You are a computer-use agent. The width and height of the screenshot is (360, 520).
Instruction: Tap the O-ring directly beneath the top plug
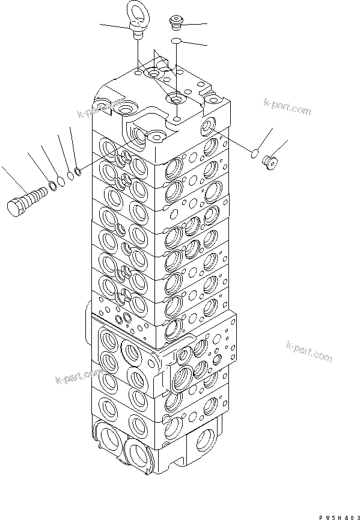point(175,41)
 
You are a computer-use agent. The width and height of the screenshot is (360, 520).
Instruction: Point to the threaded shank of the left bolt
point(37,195)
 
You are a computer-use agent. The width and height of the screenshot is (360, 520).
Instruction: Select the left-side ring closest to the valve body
point(78,171)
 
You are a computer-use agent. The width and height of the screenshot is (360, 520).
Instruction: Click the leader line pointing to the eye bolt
point(114,25)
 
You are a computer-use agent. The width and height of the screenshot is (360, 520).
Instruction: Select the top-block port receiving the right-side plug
point(208,126)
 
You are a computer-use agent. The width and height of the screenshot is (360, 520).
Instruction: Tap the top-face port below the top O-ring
point(175,99)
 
